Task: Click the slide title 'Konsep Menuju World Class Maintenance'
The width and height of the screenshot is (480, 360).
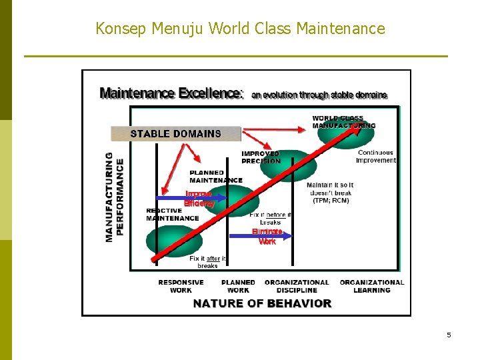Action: click(240, 29)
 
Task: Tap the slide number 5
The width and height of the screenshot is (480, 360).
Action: click(449, 335)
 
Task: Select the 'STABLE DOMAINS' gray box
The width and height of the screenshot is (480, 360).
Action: click(175, 133)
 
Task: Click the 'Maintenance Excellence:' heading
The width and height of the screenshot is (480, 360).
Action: click(171, 94)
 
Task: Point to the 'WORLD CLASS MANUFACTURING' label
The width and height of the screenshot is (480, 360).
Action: click(343, 122)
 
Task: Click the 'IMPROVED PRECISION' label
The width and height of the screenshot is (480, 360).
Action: click(261, 157)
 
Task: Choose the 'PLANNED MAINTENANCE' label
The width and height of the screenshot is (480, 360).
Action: click(216, 177)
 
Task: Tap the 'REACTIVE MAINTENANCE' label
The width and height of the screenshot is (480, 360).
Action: click(173, 215)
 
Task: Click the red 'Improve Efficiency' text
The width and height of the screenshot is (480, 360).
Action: click(199, 199)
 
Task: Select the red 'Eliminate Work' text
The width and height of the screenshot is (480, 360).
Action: click(267, 237)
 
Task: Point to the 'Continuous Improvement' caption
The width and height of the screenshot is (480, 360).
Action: click(376, 157)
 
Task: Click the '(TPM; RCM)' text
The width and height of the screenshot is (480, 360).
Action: click(331, 200)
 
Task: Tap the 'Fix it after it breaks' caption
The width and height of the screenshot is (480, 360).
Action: click(207, 262)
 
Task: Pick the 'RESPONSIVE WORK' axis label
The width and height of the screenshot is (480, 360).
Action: click(181, 286)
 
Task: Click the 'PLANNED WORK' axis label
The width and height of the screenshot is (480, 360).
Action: click(238, 286)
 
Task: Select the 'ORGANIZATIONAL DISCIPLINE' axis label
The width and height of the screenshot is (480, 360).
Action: click(297, 286)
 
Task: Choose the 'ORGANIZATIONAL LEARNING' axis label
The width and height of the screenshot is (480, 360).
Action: click(372, 286)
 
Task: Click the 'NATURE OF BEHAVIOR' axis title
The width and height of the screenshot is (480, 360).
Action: click(262, 303)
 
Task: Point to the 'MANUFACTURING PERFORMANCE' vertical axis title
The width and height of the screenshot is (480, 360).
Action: click(114, 197)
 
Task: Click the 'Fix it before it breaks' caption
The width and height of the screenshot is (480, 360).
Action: click(270, 219)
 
